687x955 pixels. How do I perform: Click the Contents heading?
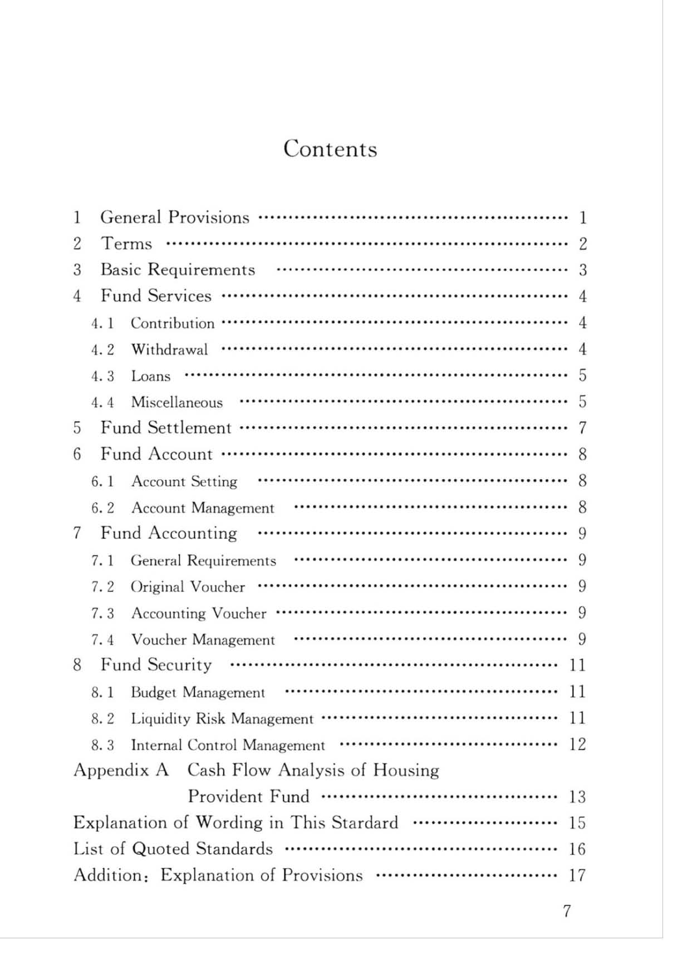(x=330, y=149)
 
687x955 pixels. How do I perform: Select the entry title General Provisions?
(x=174, y=217)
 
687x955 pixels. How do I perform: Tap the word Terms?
(x=126, y=244)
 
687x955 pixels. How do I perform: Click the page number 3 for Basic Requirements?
(x=582, y=270)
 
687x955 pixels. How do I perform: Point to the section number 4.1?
(x=102, y=323)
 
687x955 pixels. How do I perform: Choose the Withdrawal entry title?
(x=169, y=350)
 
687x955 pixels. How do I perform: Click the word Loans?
(x=150, y=376)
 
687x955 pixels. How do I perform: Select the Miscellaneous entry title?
(x=176, y=402)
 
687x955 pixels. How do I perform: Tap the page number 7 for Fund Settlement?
(x=582, y=428)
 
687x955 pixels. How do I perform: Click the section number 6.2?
(x=102, y=508)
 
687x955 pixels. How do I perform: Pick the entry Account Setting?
(x=184, y=481)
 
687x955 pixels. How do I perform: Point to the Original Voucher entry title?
(x=188, y=587)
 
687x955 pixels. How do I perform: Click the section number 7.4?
(x=102, y=640)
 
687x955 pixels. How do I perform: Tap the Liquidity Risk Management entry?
(x=222, y=719)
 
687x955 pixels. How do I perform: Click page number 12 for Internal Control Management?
(x=577, y=744)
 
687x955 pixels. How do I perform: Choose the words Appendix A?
(x=121, y=771)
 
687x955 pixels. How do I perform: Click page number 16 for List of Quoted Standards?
(x=577, y=849)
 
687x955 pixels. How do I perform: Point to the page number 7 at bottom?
(x=567, y=911)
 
